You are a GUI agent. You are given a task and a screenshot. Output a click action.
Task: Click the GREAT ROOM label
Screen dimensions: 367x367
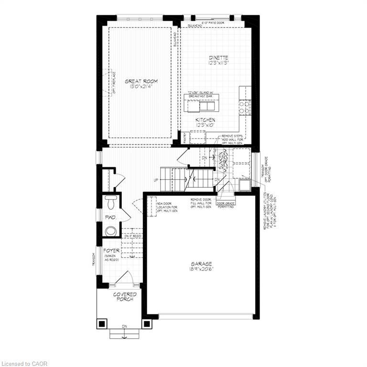(141, 84)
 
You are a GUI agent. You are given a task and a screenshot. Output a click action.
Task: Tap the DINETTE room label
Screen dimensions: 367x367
(218, 60)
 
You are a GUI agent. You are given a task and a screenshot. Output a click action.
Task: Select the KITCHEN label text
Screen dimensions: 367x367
(205, 122)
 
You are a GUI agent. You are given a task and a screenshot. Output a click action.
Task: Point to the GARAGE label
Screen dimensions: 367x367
(201, 266)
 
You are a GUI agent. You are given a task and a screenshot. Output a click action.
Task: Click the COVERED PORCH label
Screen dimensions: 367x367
(125, 297)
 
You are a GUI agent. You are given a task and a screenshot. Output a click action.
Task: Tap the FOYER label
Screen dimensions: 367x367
(111, 250)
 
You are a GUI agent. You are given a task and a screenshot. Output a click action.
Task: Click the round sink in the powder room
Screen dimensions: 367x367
(111, 231)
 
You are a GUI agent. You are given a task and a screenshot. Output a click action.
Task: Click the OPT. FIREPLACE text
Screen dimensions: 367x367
(114, 82)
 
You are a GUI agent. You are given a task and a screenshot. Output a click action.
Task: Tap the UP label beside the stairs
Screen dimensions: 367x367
(156, 180)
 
